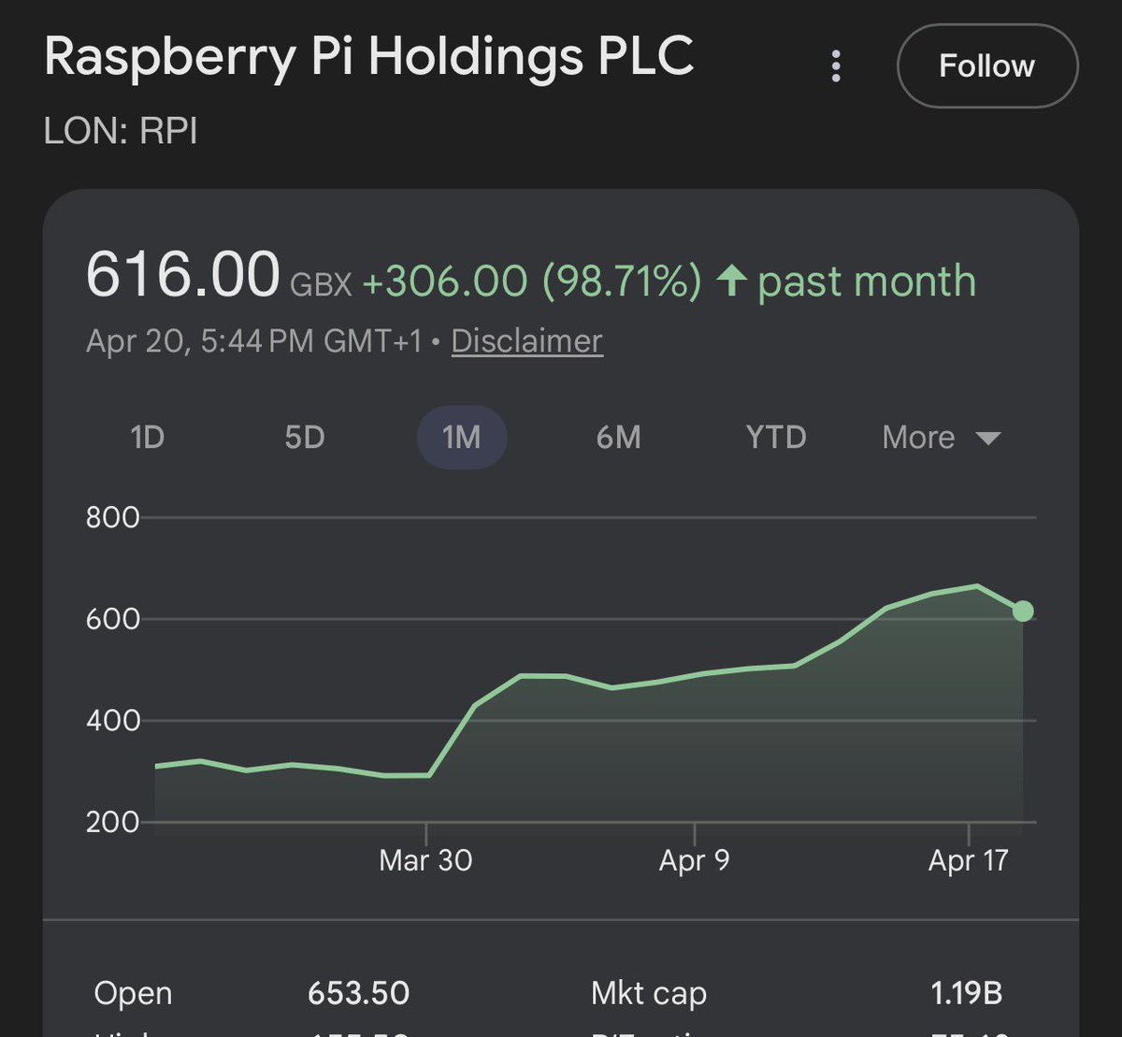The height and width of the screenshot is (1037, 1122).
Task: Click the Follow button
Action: tap(986, 66)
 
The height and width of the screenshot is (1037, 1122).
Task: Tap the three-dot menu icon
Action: tap(836, 66)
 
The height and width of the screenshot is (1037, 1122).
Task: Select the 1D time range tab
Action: tap(148, 438)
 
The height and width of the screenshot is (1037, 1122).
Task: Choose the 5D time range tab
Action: tap(305, 438)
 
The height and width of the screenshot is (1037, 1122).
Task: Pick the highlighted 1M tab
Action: tap(461, 438)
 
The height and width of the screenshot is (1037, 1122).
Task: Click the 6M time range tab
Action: tap(618, 438)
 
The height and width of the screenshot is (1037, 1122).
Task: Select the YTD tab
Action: tap(776, 438)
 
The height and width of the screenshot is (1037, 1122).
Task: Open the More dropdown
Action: tap(941, 438)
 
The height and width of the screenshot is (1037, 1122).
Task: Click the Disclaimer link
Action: tap(526, 341)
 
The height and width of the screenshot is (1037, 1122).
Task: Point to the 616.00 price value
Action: tap(182, 277)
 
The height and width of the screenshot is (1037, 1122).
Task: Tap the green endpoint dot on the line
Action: tap(1023, 612)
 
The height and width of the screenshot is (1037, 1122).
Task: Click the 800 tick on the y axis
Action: tap(112, 517)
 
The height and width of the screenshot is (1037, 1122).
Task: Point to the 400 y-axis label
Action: tap(112, 721)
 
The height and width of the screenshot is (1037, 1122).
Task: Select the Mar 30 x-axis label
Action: tap(425, 860)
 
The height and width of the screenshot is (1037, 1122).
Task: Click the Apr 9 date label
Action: tap(694, 860)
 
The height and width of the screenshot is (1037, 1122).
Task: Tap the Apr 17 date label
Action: tap(969, 860)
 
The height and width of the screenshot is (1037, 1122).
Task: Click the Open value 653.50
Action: tap(358, 993)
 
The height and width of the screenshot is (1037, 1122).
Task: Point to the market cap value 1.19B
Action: tap(967, 993)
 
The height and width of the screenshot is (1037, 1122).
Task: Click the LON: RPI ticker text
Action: tap(121, 131)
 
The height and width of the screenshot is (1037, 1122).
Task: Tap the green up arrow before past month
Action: tap(731, 281)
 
